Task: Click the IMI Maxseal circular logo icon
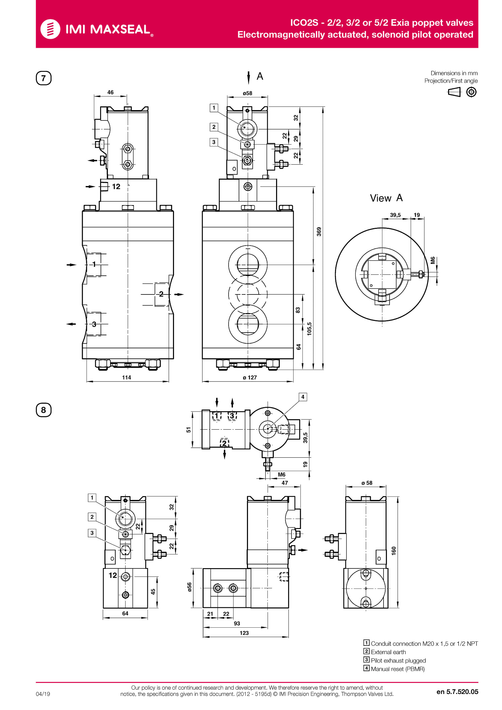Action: click(x=50, y=29)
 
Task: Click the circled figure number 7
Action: click(x=44, y=78)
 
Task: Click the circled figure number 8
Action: click(x=44, y=410)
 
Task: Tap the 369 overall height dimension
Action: click(x=319, y=232)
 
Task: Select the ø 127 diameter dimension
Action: click(x=250, y=377)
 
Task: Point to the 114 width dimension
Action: click(x=127, y=377)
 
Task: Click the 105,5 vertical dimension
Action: click(x=309, y=329)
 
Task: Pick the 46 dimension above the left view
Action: click(x=110, y=92)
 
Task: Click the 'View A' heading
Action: click(x=386, y=198)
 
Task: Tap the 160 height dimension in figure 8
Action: click(x=394, y=551)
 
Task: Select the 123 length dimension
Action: click(x=244, y=633)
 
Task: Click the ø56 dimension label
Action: click(x=189, y=587)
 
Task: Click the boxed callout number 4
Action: click(x=303, y=397)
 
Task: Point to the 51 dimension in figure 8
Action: click(x=188, y=430)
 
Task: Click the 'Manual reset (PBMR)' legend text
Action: click(x=398, y=669)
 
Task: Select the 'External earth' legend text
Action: click(x=388, y=652)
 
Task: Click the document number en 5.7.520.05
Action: click(x=457, y=692)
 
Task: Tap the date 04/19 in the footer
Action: click(x=43, y=694)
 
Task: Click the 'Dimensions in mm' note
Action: click(x=454, y=73)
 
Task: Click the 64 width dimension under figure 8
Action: click(x=125, y=613)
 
